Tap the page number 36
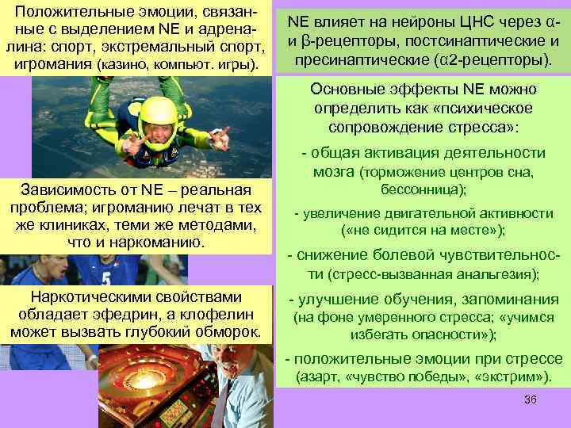point(530,399)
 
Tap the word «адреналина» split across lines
point(238,29)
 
